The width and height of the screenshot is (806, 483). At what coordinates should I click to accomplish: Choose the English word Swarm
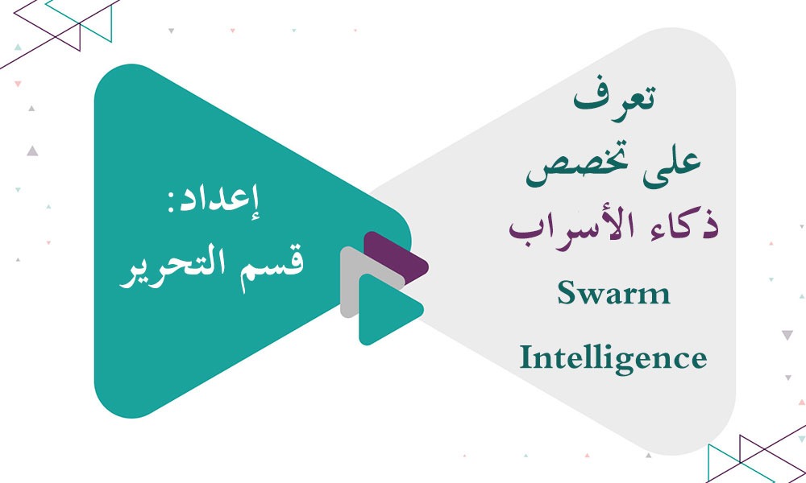point(613,295)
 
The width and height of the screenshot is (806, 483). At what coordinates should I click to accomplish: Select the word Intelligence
point(613,357)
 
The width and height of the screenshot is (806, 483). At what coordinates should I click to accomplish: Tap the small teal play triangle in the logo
point(385,310)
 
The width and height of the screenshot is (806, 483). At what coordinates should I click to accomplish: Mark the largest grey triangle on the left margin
point(31,150)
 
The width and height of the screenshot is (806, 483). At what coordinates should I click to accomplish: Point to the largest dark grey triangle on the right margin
point(787,333)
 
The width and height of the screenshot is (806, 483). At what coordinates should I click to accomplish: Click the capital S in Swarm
point(567,295)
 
